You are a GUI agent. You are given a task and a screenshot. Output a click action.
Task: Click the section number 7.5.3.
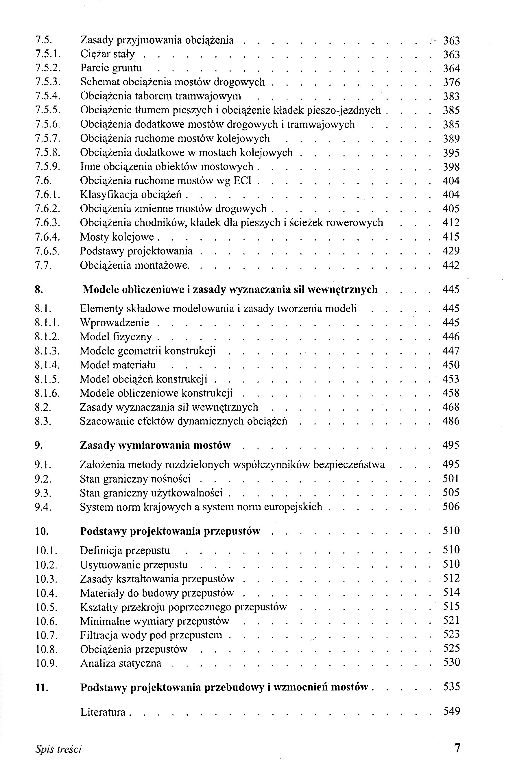pyautogui.click(x=47, y=82)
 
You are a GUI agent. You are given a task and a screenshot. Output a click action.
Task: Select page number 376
pyautogui.click(x=451, y=82)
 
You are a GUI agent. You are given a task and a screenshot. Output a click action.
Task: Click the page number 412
pyautogui.click(x=451, y=223)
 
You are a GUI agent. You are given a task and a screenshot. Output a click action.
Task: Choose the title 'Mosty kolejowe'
pyautogui.click(x=117, y=237)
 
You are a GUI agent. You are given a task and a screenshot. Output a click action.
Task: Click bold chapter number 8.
pyautogui.click(x=38, y=289)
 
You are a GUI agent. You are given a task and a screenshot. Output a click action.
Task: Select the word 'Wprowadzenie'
pyautogui.click(x=115, y=323)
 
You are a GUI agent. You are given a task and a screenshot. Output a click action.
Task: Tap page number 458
pyautogui.click(x=451, y=393)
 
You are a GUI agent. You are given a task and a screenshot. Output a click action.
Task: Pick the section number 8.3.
pyautogui.click(x=43, y=421)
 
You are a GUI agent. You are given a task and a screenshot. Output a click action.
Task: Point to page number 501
pyautogui.click(x=451, y=479)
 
